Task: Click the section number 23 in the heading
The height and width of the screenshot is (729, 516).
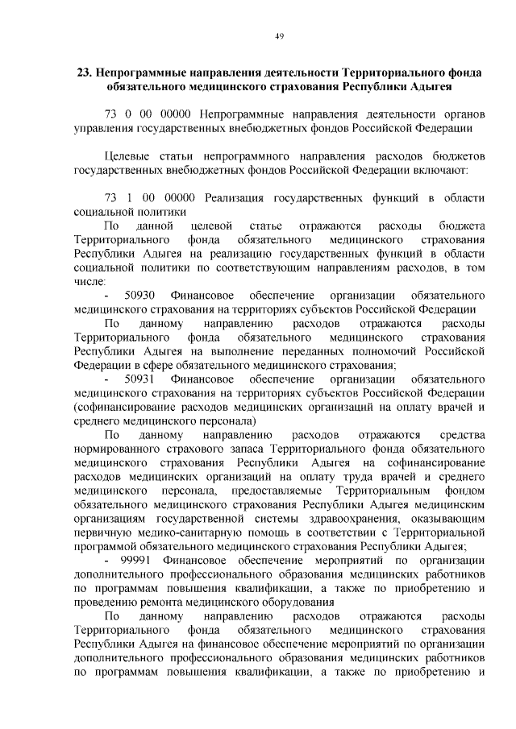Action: (83, 71)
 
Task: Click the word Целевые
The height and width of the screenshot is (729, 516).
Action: (127, 155)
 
